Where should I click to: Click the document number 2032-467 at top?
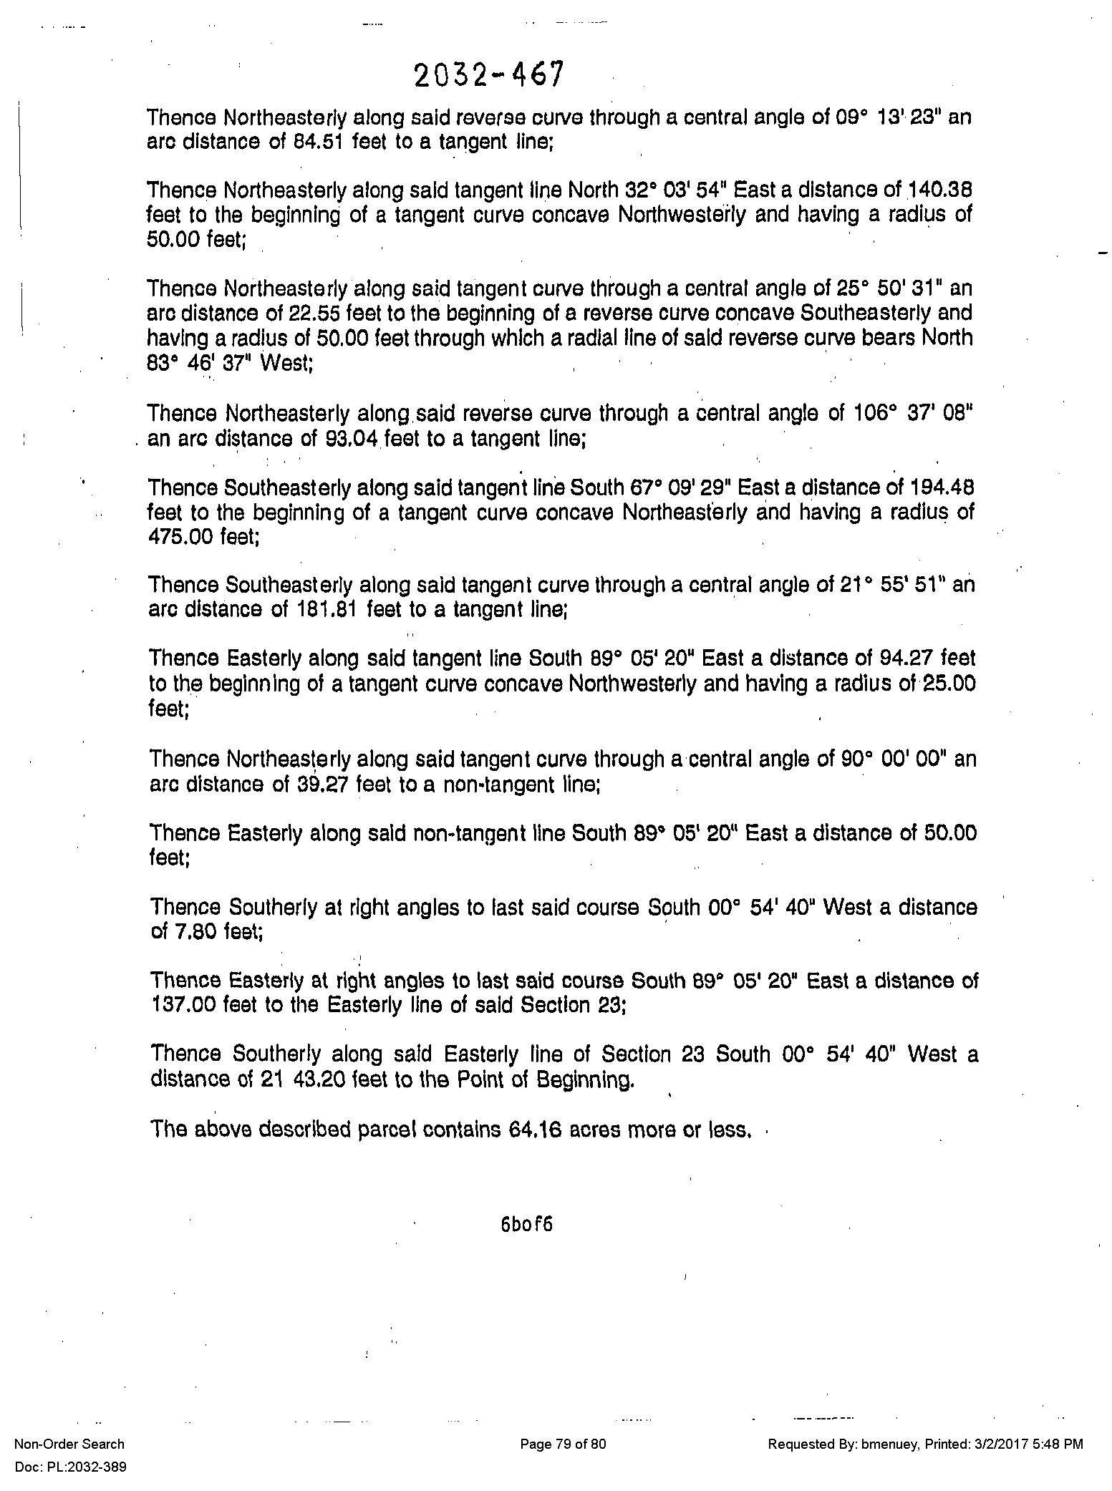(x=489, y=75)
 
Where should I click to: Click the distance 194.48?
(x=941, y=487)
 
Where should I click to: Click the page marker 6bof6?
(x=527, y=1224)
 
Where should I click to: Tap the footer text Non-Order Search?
(x=69, y=1444)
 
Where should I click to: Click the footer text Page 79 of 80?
(x=563, y=1444)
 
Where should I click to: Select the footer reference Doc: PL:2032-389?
(x=70, y=1467)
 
